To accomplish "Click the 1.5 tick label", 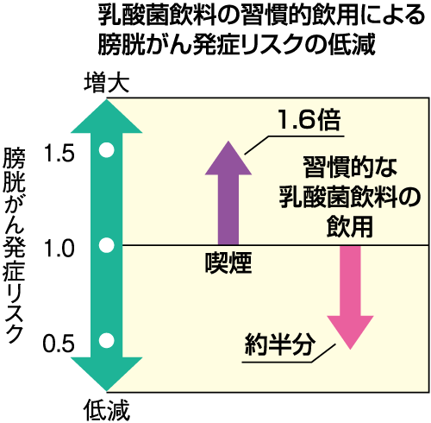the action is pyautogui.click(x=59, y=154).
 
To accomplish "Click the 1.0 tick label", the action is pyautogui.click(x=59, y=249).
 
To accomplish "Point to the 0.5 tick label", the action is pyautogui.click(x=59, y=344).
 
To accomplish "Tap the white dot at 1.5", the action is pyautogui.click(x=107, y=150).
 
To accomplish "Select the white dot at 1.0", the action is pyautogui.click(x=107, y=245).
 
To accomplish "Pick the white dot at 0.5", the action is pyautogui.click(x=107, y=340).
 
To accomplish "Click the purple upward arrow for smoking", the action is pyautogui.click(x=228, y=193).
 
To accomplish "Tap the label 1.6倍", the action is pyautogui.click(x=309, y=120).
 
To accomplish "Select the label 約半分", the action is pyautogui.click(x=279, y=344).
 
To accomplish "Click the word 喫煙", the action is pyautogui.click(x=228, y=262).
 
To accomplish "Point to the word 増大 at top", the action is pyautogui.click(x=107, y=83).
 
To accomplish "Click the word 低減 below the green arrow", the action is pyautogui.click(x=107, y=410).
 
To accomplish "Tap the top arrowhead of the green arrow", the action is pyautogui.click(x=107, y=116).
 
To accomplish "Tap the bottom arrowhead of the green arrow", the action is pyautogui.click(x=107, y=375).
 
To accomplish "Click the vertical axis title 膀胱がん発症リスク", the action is pyautogui.click(x=15, y=245).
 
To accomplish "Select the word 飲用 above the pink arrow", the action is pyautogui.click(x=350, y=226).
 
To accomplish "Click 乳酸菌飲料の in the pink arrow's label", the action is pyautogui.click(x=350, y=197).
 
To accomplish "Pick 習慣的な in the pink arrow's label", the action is pyautogui.click(x=350, y=167).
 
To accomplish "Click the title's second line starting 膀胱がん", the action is pyautogui.click(x=236, y=45).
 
